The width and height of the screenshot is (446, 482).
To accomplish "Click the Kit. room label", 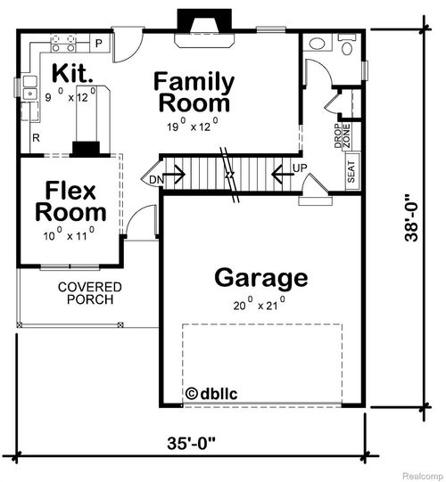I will click(68, 73).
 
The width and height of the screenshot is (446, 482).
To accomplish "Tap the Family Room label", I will click(194, 92).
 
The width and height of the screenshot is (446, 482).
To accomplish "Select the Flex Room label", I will click(70, 201).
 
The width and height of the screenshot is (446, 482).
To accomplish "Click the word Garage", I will click(260, 278).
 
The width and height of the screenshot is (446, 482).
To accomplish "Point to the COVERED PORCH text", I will click(89, 293).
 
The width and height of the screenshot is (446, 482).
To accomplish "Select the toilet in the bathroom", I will click(343, 45).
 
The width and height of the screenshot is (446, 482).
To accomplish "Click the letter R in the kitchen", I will click(36, 138).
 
